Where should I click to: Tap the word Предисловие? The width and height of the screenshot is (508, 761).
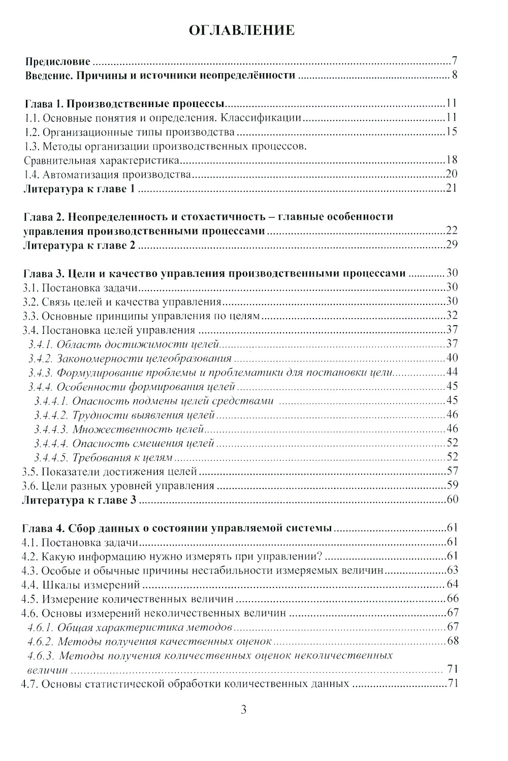58,62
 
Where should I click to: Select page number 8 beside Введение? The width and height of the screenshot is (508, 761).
455,76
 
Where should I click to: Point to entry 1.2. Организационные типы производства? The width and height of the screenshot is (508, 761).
130,132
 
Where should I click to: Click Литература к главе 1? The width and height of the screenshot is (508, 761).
80,189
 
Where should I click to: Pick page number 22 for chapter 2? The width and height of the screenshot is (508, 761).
452,231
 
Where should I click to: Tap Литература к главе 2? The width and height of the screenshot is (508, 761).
80,245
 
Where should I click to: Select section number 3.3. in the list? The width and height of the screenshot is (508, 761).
31,316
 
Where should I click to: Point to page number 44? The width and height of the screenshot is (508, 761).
452,372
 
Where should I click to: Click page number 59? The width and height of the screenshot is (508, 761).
452,485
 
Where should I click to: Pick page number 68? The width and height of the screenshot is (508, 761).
453,641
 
